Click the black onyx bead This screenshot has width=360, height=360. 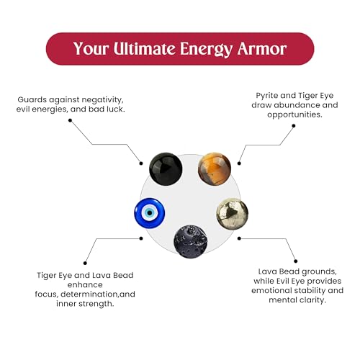pyautogui.click(x=166, y=169)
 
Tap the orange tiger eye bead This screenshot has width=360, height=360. pyautogui.click(x=215, y=169)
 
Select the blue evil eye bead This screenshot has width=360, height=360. pyautogui.click(x=150, y=213)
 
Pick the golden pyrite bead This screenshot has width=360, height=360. pyautogui.click(x=233, y=214)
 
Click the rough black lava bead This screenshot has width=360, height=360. pyautogui.click(x=191, y=241)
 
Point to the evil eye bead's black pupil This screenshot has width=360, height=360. pyautogui.click(x=150, y=213)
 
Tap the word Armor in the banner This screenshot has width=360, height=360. pyautogui.click(x=262, y=49)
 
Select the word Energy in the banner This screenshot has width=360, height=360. pyautogui.click(x=207, y=50)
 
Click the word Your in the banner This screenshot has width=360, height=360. pyautogui.click(x=91, y=49)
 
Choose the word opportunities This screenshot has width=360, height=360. pyautogui.click(x=294, y=114)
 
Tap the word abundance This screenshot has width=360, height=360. pyautogui.click(x=297, y=105)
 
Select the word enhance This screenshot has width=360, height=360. pyautogui.click(x=85, y=285)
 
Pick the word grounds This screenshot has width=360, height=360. pyautogui.click(x=319, y=272)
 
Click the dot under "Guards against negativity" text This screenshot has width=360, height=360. pyautogui.click(x=70, y=120)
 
